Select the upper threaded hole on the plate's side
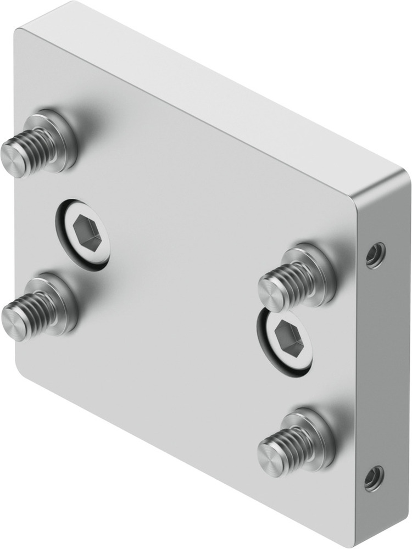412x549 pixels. click(375, 254)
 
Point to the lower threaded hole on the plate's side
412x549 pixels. click(375, 478)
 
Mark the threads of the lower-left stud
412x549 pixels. click(34, 311)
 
